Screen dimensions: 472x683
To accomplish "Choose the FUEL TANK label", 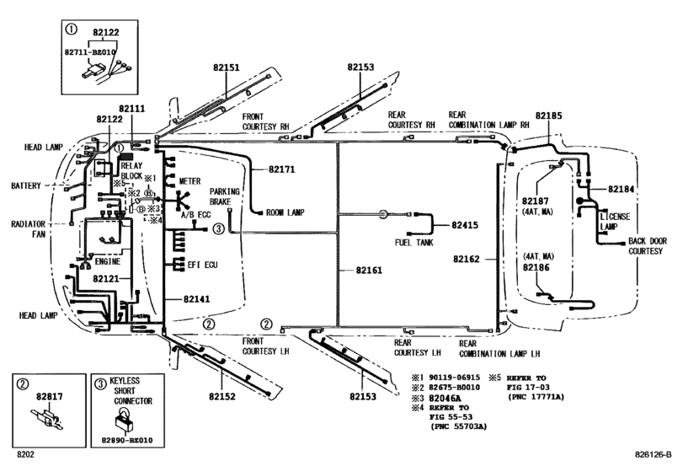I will point(414,243).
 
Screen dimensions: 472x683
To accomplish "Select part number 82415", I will point(464,225).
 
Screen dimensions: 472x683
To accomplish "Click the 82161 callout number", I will point(368,271).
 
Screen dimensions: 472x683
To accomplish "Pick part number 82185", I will point(551,112).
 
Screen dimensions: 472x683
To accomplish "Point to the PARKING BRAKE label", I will point(225,196).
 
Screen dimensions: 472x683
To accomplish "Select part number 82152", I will point(222,396).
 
